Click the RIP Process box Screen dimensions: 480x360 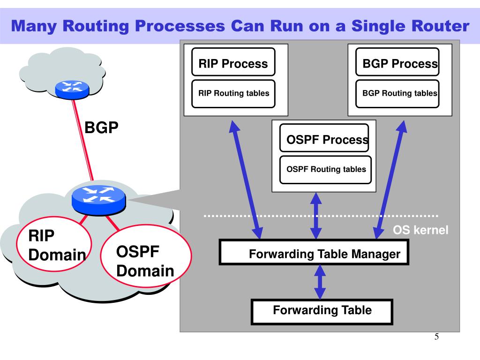(x=233, y=62)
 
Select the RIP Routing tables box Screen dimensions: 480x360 (x=233, y=94)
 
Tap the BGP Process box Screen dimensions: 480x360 (x=397, y=62)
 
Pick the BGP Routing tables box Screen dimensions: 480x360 (x=397, y=94)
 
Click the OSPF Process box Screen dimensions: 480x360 (x=324, y=138)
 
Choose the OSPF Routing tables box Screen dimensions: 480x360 (x=325, y=170)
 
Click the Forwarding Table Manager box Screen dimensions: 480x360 (x=314, y=252)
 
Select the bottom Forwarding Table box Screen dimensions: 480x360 (x=322, y=312)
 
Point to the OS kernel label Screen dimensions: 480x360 (x=420, y=230)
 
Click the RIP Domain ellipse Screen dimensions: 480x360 (x=54, y=244)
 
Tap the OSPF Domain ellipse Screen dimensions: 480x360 (x=146, y=256)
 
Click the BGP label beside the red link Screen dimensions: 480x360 (x=101, y=127)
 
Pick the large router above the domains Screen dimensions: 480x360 (x=98, y=200)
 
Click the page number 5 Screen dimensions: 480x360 (x=436, y=337)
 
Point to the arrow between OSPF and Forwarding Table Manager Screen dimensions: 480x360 (x=316, y=216)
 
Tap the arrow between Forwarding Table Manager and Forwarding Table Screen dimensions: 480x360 (x=320, y=282)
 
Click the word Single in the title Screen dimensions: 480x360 (x=378, y=26)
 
